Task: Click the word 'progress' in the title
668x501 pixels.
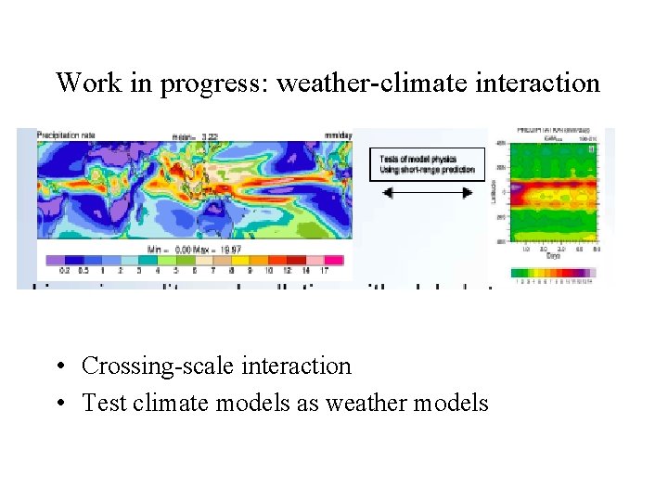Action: point(215,83)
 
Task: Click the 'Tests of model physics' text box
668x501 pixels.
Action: point(427,163)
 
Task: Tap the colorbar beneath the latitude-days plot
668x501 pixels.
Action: point(553,274)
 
